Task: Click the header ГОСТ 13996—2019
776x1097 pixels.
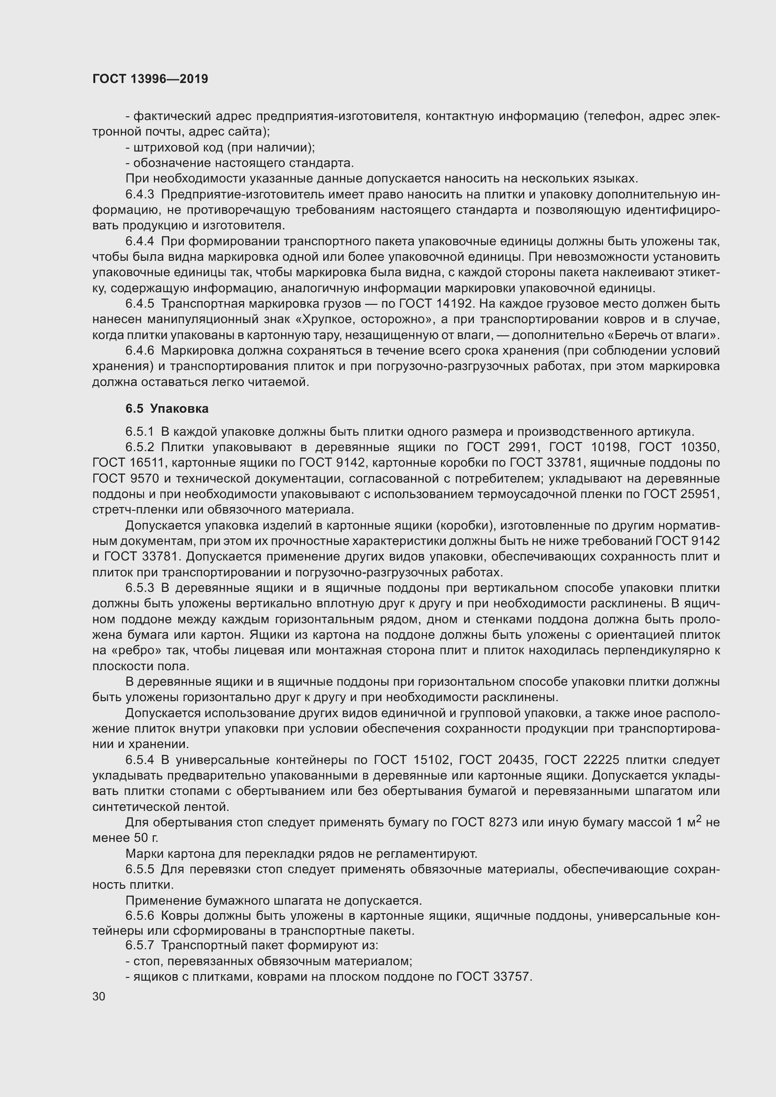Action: click(x=150, y=79)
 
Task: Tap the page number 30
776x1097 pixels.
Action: click(x=99, y=997)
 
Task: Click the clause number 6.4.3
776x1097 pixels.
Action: click(x=139, y=195)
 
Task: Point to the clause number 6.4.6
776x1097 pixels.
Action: click(x=139, y=351)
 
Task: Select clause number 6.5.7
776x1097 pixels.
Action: click(x=139, y=946)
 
